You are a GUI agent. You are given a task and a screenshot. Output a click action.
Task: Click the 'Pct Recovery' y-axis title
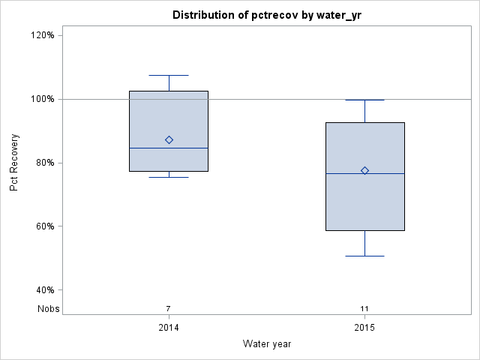(14, 163)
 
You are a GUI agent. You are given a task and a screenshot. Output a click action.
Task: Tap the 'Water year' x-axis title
(267, 343)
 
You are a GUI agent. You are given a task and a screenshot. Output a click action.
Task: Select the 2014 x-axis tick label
(169, 328)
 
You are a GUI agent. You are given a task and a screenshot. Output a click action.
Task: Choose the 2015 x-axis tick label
(364, 328)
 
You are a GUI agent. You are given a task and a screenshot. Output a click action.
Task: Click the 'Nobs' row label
(49, 308)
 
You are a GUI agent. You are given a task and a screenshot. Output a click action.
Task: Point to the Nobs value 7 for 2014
(169, 308)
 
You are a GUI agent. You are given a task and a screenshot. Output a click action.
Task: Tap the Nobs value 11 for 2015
(364, 308)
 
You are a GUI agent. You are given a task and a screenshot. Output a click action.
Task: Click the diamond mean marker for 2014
(169, 139)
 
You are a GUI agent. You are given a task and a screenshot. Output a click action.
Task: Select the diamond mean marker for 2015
(364, 170)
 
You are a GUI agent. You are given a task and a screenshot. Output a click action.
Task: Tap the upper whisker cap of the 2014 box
(169, 75)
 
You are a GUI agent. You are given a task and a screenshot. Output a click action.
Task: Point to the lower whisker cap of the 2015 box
(364, 256)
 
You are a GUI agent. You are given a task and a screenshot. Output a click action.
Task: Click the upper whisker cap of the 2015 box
(364, 100)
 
